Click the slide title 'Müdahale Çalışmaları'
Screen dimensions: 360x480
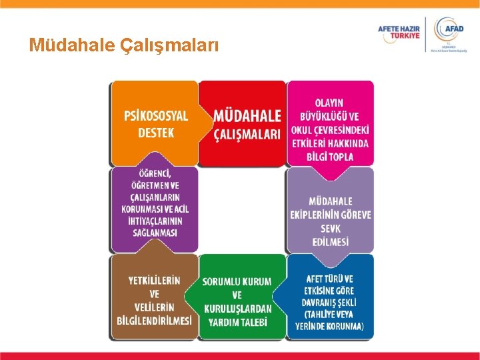pyautogui.click(x=123, y=45)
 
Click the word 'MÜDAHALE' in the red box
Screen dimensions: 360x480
pyautogui.click(x=247, y=116)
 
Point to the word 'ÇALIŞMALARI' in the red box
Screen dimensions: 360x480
pyautogui.click(x=247, y=135)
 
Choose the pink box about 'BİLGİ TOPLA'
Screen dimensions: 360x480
pyautogui.click(x=331, y=123)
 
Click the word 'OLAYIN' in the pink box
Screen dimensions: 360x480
pyautogui.click(x=331, y=103)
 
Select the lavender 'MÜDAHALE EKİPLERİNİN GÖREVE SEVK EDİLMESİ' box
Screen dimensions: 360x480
pyautogui.click(x=331, y=212)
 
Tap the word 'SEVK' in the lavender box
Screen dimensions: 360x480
pyautogui.click(x=331, y=228)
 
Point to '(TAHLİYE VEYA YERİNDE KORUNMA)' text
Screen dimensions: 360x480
pyautogui.click(x=331, y=320)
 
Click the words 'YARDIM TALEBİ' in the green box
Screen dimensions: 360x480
pyautogui.click(x=237, y=322)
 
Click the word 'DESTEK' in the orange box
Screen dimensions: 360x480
pyautogui.click(x=156, y=133)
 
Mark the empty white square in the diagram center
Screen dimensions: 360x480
pyautogui.click(x=243, y=210)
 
